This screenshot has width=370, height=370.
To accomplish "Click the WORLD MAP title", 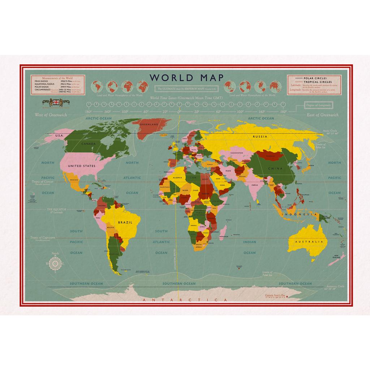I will click(x=186, y=78).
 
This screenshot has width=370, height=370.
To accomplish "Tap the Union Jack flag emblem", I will click(x=56, y=102).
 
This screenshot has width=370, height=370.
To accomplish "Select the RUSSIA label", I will click(x=260, y=137).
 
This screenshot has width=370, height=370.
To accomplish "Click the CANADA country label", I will click(x=89, y=144).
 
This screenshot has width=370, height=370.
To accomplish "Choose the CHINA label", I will click(x=275, y=168).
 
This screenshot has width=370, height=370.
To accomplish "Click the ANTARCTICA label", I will click(x=185, y=300).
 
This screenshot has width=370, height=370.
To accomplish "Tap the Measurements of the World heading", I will click(x=57, y=78).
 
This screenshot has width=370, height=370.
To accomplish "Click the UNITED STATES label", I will click(x=82, y=166).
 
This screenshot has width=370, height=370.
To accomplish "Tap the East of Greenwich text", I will click(x=322, y=115).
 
